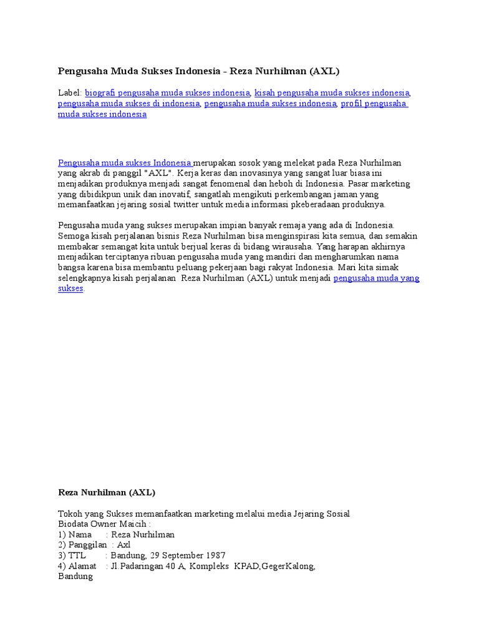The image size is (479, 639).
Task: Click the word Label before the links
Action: click(69, 92)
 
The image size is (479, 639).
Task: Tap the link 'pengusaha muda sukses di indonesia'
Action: click(129, 104)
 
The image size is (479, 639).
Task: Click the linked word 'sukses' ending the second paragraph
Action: click(70, 289)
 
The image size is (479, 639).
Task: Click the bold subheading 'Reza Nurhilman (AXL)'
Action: click(106, 492)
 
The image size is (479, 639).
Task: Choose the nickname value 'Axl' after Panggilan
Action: click(124, 545)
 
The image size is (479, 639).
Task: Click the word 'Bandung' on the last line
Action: click(75, 577)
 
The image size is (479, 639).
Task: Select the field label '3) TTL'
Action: click(71, 555)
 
